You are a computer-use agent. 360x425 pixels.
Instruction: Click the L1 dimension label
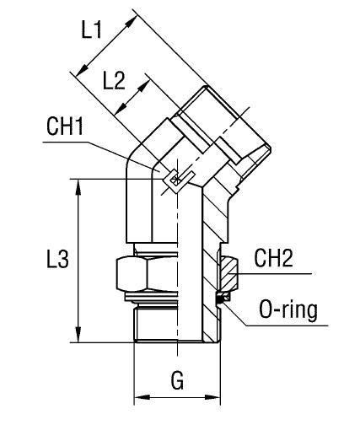pos(92,30)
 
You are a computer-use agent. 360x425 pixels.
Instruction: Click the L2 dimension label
pos(114,81)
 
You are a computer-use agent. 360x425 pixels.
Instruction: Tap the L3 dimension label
pos(57,259)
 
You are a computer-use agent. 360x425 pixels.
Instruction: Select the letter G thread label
pos(177,380)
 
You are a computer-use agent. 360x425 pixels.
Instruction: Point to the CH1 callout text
pos(65,126)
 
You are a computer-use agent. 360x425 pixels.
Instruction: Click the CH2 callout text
pos(273,258)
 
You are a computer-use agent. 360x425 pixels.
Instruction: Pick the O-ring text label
pos(288,310)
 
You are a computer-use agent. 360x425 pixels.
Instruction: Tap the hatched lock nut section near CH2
pos(229,273)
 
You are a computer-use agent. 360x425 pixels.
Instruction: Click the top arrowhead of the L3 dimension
pos(78,187)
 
